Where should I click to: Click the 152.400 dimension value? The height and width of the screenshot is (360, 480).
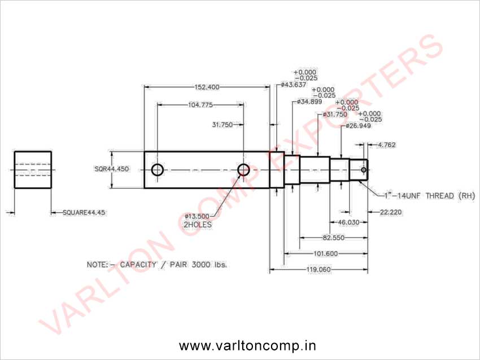207,87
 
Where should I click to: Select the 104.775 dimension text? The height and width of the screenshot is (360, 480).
200,105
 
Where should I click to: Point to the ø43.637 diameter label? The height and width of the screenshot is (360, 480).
294,85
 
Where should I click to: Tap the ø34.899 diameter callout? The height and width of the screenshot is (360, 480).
310,102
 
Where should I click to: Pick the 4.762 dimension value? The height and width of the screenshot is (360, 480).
387,145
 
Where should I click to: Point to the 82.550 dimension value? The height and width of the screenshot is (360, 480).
334,238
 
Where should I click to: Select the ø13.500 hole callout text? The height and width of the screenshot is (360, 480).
197,216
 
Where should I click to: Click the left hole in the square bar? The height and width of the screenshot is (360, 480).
157,169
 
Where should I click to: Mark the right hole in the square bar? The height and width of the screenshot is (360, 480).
243,169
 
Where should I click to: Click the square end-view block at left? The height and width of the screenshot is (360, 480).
33,169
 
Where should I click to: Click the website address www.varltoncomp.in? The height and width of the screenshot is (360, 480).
247,345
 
